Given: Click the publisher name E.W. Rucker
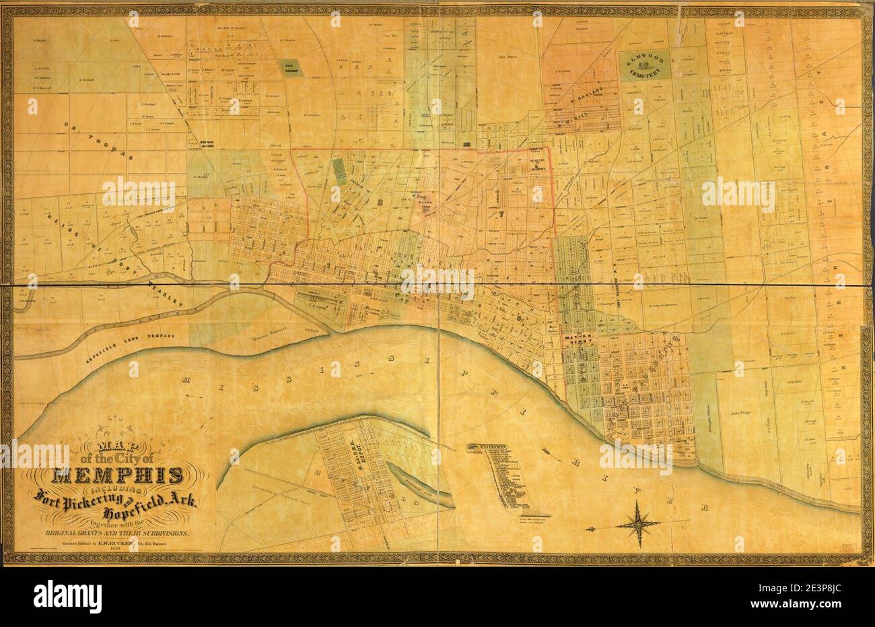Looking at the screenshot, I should pos(132,543).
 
